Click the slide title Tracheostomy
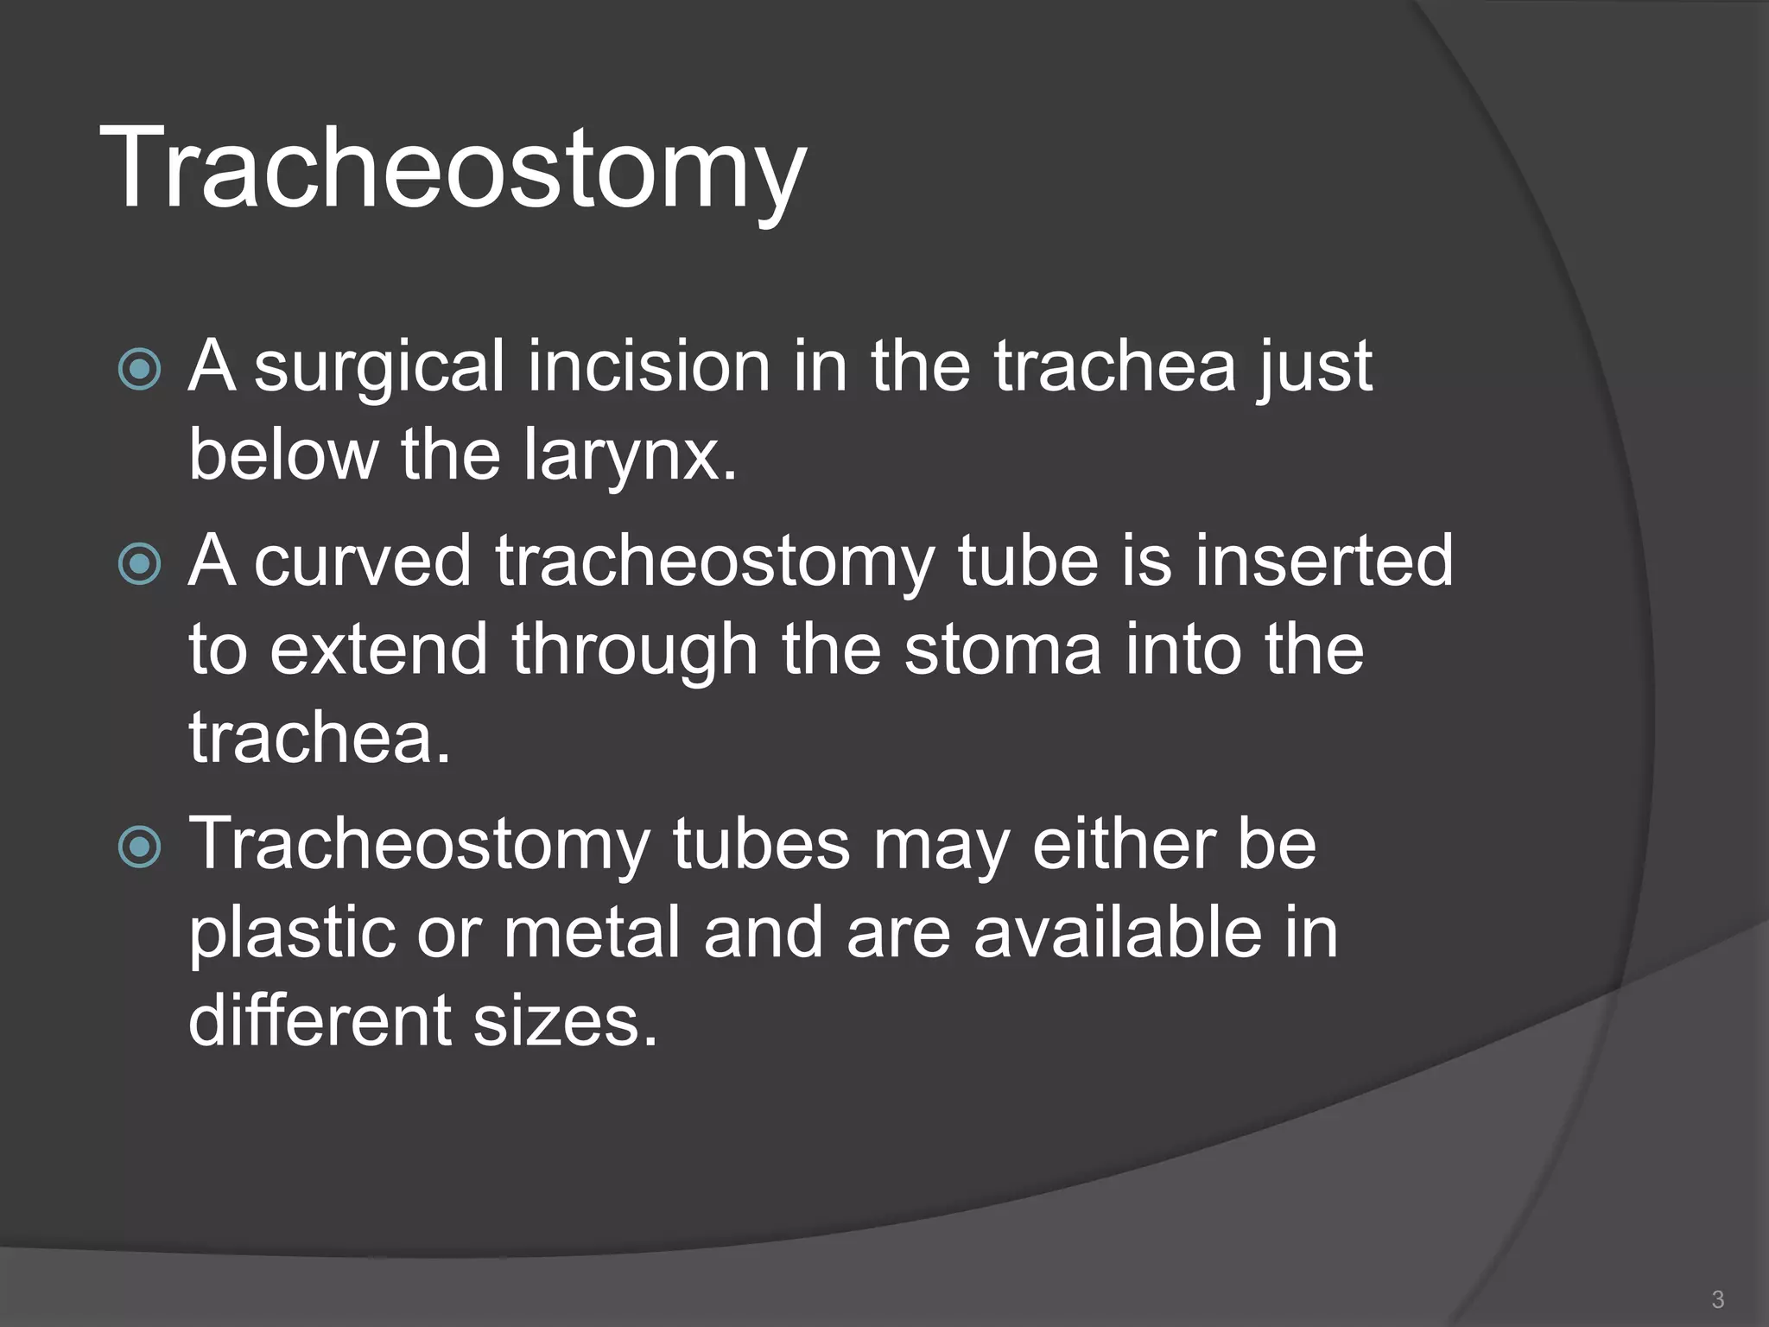pyautogui.click(x=453, y=168)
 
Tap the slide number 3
pyautogui.click(x=1718, y=1298)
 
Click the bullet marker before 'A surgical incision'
pyautogui.click(x=139, y=370)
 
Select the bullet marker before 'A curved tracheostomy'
pyautogui.click(x=139, y=564)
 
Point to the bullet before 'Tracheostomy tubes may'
pyautogui.click(x=139, y=847)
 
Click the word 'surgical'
pyautogui.click(x=379, y=367)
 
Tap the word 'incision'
pyautogui.click(x=649, y=367)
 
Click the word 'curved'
pyautogui.click(x=362, y=562)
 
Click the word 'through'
pyautogui.click(x=634, y=652)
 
